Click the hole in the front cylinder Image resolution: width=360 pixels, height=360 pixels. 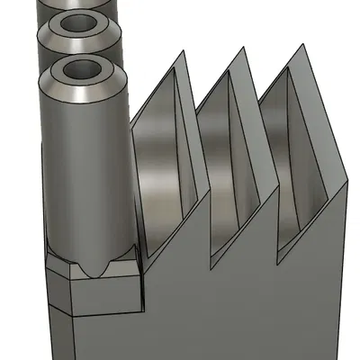point(82,68)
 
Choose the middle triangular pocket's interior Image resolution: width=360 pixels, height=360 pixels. point(229,162)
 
